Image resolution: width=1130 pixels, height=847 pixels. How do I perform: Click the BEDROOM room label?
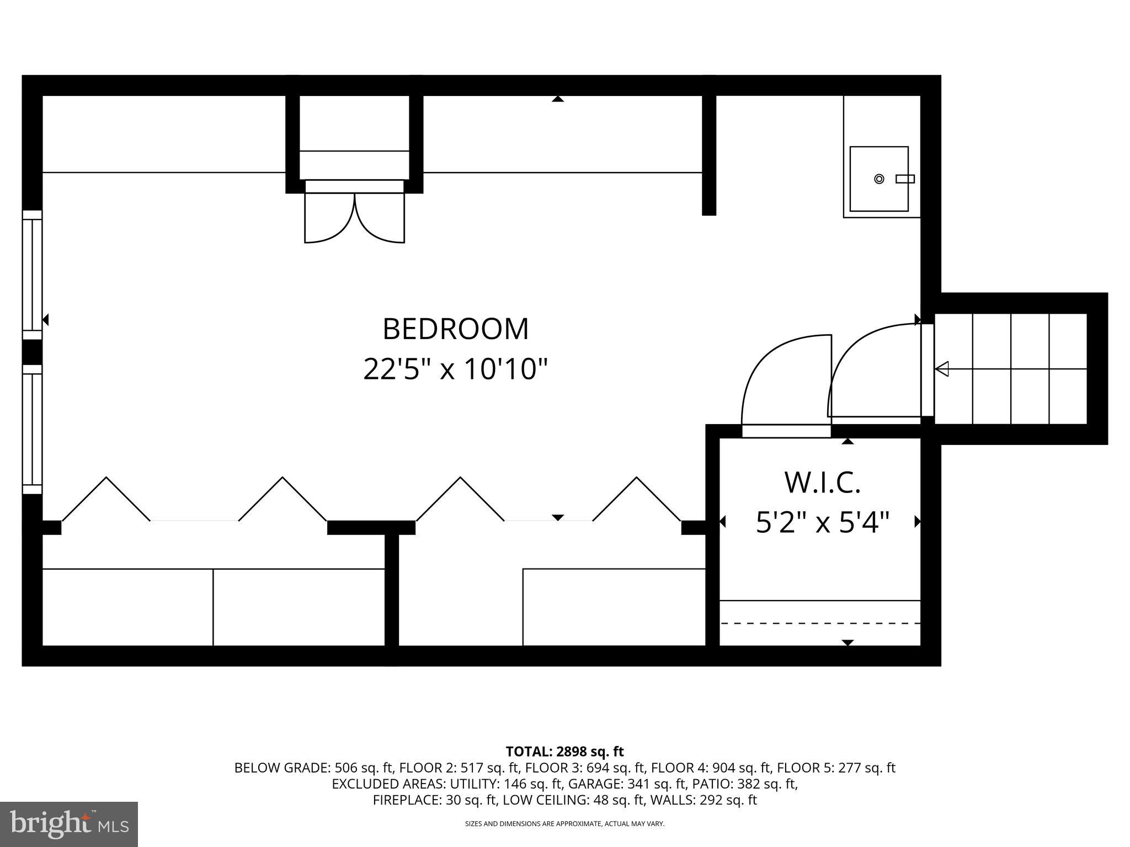(455, 329)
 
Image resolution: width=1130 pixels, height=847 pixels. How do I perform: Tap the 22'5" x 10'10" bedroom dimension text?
(455, 369)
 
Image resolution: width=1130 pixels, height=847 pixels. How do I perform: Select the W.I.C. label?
(822, 483)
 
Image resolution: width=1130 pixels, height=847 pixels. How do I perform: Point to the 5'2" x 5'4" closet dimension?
(822, 522)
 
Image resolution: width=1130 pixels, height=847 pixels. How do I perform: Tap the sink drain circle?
(880, 179)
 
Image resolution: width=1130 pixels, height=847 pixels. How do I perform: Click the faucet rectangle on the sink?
(905, 179)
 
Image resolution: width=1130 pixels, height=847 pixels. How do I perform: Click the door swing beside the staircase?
(861, 353)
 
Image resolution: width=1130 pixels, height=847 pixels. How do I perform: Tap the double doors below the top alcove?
(355, 218)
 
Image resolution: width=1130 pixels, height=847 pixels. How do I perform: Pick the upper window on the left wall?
(32, 275)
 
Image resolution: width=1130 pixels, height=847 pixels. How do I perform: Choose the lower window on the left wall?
(32, 429)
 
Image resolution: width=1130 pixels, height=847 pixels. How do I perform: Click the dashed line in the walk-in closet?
(820, 623)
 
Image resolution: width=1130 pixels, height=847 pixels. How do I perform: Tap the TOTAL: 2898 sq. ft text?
(564, 751)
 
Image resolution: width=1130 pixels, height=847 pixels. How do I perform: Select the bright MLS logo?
(69, 824)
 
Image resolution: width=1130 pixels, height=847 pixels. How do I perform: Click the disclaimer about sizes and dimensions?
(564, 824)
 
